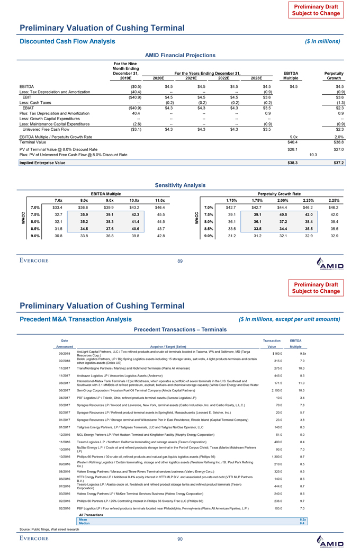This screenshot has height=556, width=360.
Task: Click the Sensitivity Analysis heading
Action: tap(180, 185)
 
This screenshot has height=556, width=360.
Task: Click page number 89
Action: tap(180, 260)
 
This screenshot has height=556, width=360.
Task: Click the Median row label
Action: tap(84, 523)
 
